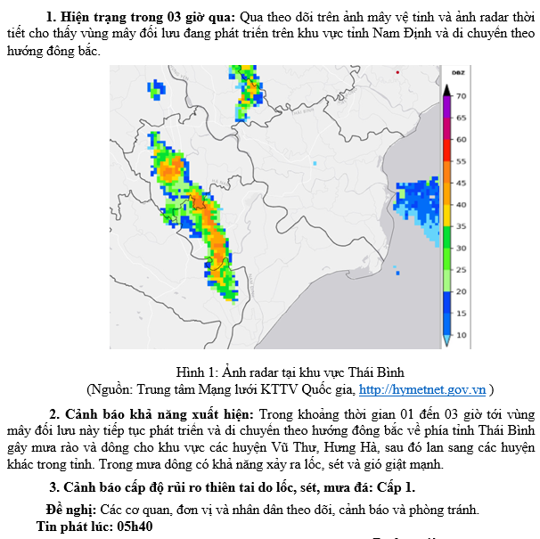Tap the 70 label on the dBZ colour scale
(x=462, y=95)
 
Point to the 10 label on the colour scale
(x=462, y=335)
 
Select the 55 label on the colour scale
(x=462, y=161)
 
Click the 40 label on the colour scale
(x=462, y=204)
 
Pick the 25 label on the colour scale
(x=462, y=269)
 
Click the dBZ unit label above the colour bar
(x=461, y=73)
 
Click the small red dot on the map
(x=397, y=71)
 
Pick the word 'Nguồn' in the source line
(x=110, y=389)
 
